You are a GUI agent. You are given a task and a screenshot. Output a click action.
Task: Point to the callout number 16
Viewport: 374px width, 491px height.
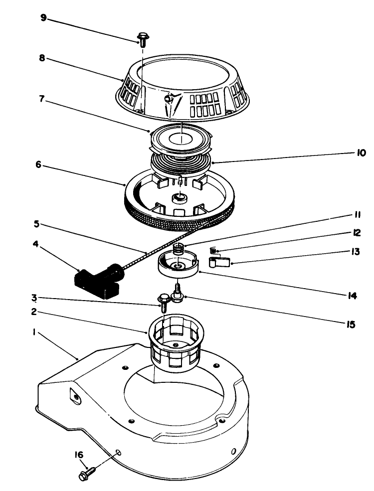(x=80, y=455)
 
